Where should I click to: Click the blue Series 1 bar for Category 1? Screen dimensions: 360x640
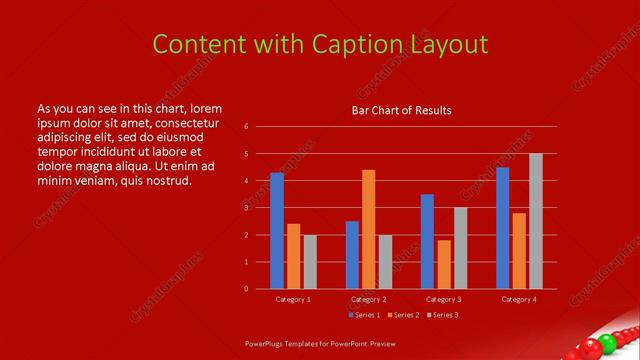(x=277, y=231)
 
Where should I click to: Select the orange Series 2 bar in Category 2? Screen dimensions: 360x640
(x=369, y=229)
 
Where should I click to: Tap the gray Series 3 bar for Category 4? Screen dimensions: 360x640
(x=536, y=221)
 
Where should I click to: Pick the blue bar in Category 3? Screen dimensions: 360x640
(x=427, y=241)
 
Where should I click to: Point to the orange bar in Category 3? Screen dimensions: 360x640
(x=444, y=264)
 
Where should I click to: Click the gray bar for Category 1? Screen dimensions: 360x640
(x=310, y=262)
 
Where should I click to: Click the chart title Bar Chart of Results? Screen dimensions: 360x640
(x=401, y=110)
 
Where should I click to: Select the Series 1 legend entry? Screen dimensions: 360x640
(x=364, y=315)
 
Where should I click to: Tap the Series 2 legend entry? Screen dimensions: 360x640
(x=402, y=315)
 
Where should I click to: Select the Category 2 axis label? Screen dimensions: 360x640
(x=369, y=299)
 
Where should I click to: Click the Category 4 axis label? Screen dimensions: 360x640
(x=519, y=299)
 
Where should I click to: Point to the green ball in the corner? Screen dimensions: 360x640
(x=591, y=345)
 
